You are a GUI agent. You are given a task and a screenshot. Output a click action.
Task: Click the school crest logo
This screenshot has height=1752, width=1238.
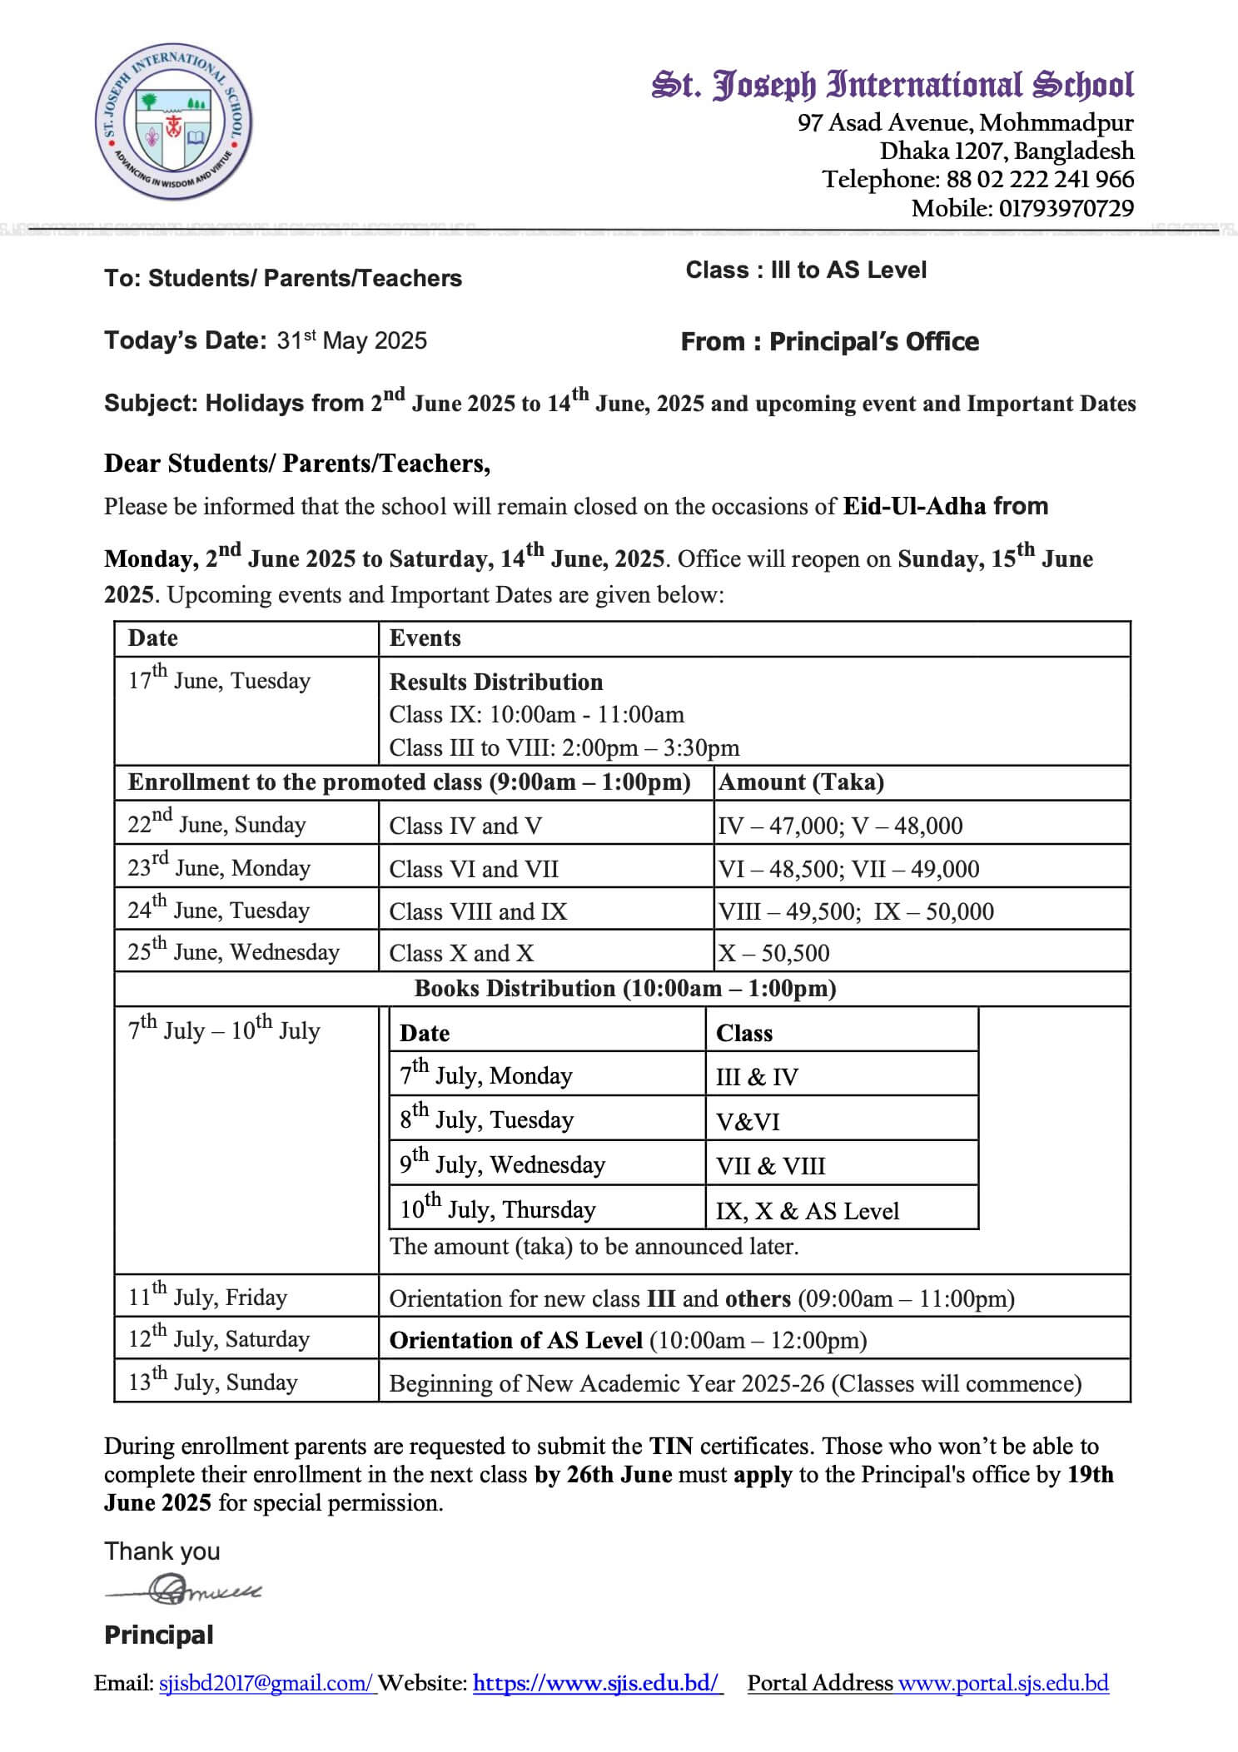[173, 122]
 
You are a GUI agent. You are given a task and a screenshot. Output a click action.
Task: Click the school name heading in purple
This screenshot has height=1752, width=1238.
[892, 86]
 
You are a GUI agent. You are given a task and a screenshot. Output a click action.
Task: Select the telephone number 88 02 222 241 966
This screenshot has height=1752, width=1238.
[1040, 180]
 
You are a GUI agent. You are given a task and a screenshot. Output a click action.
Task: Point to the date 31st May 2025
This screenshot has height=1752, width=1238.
[351, 340]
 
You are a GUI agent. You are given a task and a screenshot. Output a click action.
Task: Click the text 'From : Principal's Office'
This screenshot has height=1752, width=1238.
[829, 341]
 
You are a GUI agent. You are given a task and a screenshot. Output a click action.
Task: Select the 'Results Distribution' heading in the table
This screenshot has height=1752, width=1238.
[495, 682]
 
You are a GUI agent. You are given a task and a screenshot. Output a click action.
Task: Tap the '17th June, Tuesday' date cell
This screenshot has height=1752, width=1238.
[218, 680]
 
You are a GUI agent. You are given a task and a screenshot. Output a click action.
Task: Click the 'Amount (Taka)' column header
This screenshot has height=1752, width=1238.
[801, 782]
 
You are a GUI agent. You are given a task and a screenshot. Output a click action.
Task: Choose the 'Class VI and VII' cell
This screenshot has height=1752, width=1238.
[474, 869]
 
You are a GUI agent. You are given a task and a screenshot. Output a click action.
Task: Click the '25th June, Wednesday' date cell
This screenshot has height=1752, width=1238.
[233, 952]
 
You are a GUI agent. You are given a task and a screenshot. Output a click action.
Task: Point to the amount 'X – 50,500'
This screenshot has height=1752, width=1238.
[774, 953]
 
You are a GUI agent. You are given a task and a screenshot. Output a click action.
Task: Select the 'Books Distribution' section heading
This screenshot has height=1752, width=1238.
[624, 989]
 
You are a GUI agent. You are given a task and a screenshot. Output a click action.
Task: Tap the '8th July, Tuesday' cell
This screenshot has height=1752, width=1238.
[486, 1119]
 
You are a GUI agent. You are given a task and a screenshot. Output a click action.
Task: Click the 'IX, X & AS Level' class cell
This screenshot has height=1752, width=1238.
[807, 1210]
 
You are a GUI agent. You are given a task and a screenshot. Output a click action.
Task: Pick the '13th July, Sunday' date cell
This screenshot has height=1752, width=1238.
[212, 1382]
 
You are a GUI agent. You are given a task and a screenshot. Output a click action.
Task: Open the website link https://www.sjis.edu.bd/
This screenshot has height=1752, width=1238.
[596, 1684]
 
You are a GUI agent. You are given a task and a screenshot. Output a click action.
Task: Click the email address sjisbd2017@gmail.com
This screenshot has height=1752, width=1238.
[266, 1684]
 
